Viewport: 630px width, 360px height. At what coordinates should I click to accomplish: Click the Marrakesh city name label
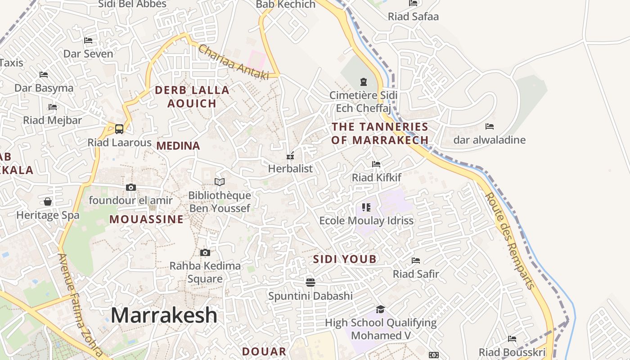point(164,315)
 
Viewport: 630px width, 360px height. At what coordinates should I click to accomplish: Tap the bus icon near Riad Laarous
point(119,129)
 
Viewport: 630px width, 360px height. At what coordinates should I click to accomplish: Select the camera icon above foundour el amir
point(131,187)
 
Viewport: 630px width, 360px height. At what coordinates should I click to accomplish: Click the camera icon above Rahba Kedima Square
point(205,252)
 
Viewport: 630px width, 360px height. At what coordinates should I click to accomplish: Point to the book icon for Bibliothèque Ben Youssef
point(220,182)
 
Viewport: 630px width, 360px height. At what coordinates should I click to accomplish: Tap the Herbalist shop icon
point(291,156)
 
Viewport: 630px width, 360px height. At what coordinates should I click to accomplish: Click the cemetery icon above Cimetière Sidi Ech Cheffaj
point(364,82)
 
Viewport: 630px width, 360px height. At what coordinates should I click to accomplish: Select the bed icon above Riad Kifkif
point(376,164)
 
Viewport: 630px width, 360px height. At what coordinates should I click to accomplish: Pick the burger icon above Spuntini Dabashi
point(310,283)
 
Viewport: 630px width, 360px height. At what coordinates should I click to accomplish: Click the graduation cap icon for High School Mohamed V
point(381,309)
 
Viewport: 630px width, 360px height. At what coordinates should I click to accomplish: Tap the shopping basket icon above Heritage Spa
point(48,202)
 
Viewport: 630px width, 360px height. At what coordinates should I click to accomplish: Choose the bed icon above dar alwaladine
point(490,126)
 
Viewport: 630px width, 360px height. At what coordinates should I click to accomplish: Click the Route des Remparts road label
point(510,241)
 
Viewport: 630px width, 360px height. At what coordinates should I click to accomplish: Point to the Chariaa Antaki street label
point(234,63)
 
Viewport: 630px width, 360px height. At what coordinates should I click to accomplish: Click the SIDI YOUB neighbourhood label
point(345,259)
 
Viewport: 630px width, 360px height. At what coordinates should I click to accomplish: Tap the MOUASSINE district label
point(147,219)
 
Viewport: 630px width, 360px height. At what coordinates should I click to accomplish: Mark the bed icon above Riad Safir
point(416,261)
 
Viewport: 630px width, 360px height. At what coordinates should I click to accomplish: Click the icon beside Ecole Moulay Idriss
point(366,207)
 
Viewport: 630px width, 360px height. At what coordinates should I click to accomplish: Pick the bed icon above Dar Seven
point(88,40)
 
